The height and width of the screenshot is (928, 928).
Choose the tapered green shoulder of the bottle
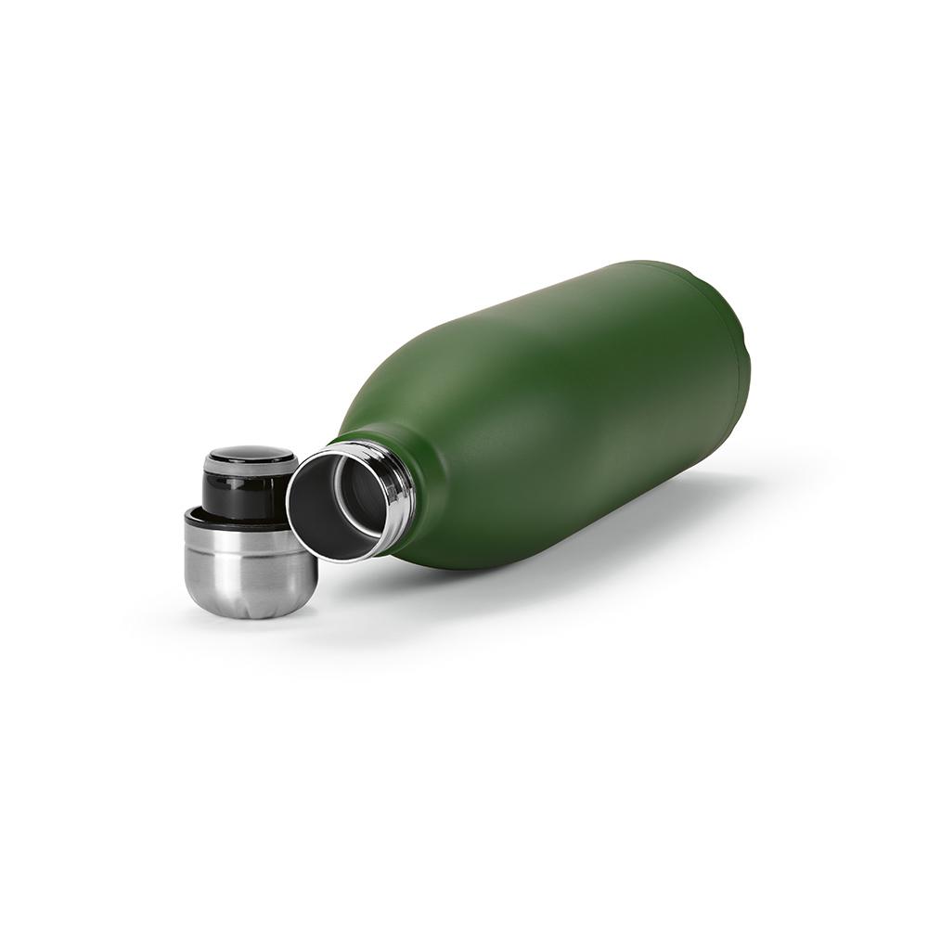pos(408,408)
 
